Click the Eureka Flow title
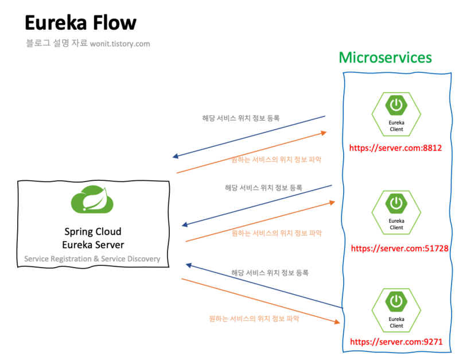tap(80, 24)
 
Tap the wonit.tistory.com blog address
tap(120, 44)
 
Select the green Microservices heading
tap(385, 57)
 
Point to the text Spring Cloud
tap(93, 232)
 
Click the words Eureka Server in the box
tap(93, 245)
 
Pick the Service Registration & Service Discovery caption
tap(92, 259)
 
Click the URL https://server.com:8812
tap(396, 148)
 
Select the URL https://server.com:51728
tap(399, 249)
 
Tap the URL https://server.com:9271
tap(396, 342)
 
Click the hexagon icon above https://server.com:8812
tap(396, 113)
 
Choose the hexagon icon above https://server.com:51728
tap(396, 211)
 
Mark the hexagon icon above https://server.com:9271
tap(396, 309)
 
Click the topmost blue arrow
tap(250, 137)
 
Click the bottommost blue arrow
tap(264, 287)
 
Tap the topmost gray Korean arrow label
tap(241, 118)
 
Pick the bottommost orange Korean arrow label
tap(254, 318)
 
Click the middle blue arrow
tap(256, 206)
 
